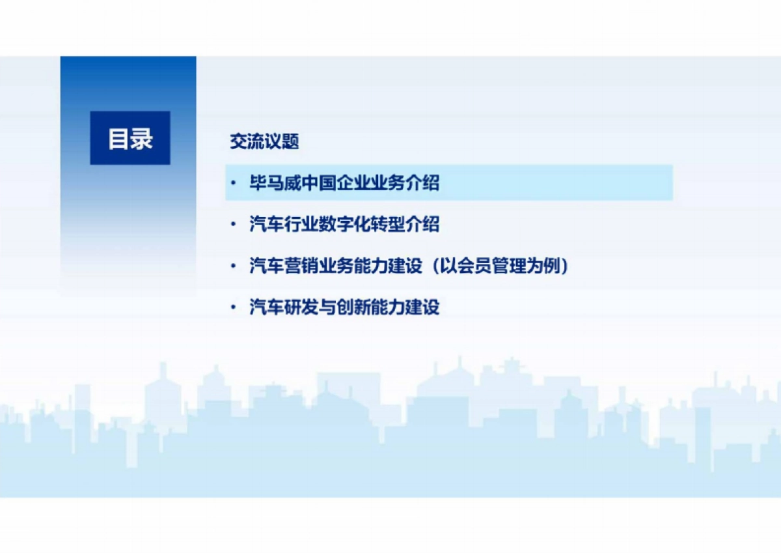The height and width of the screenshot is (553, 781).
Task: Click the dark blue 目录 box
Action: click(x=130, y=138)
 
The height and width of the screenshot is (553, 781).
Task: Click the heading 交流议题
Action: click(x=264, y=142)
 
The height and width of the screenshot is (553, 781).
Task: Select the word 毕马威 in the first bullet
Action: click(x=271, y=183)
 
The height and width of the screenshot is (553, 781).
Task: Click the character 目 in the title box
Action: click(x=118, y=139)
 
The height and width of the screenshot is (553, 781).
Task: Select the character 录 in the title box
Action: click(x=141, y=139)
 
